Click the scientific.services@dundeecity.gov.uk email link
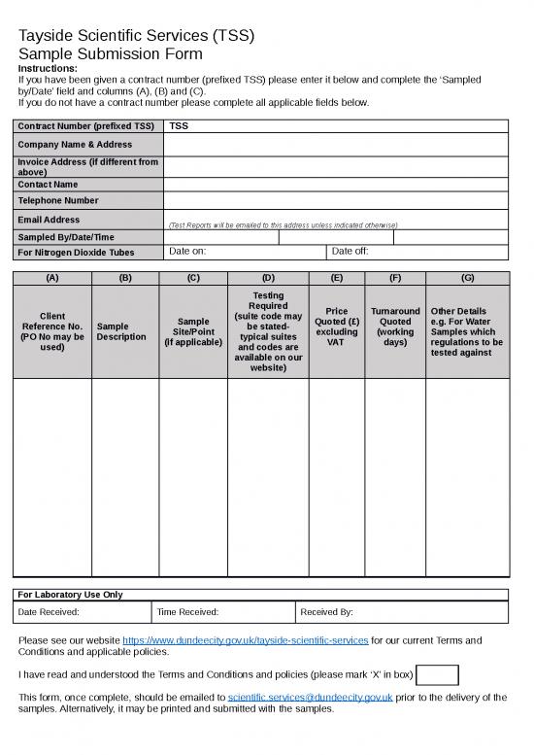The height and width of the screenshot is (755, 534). pos(310,697)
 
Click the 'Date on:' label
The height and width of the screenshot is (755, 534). pos(187,252)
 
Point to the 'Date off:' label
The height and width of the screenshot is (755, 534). pos(350,252)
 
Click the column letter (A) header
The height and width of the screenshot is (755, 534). pos(52,278)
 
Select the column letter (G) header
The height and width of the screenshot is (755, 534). pos(467,278)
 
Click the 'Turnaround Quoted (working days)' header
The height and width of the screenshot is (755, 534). pos(395,326)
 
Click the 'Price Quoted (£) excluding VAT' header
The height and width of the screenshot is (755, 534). pos(337,326)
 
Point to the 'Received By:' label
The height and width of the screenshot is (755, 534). pos(327,612)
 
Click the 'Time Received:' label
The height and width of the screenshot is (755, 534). pos(187,612)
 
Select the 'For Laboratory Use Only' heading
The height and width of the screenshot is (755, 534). pos(71,595)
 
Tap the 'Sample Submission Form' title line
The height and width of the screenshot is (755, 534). pos(111,54)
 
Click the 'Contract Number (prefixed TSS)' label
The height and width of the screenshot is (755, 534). pos(86,126)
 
